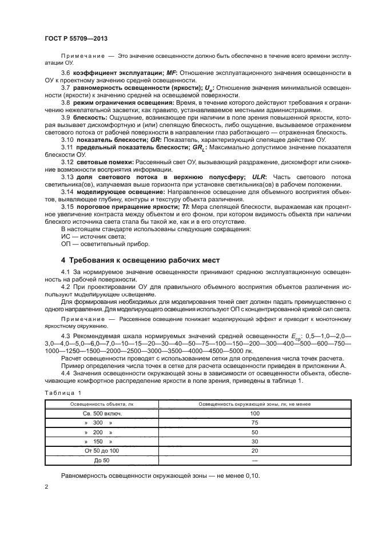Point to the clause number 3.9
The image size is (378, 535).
coord(66,116)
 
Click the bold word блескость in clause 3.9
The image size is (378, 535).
coord(91,116)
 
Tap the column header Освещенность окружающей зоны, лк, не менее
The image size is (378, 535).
coord(255,403)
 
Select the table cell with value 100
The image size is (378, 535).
coord(255,413)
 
